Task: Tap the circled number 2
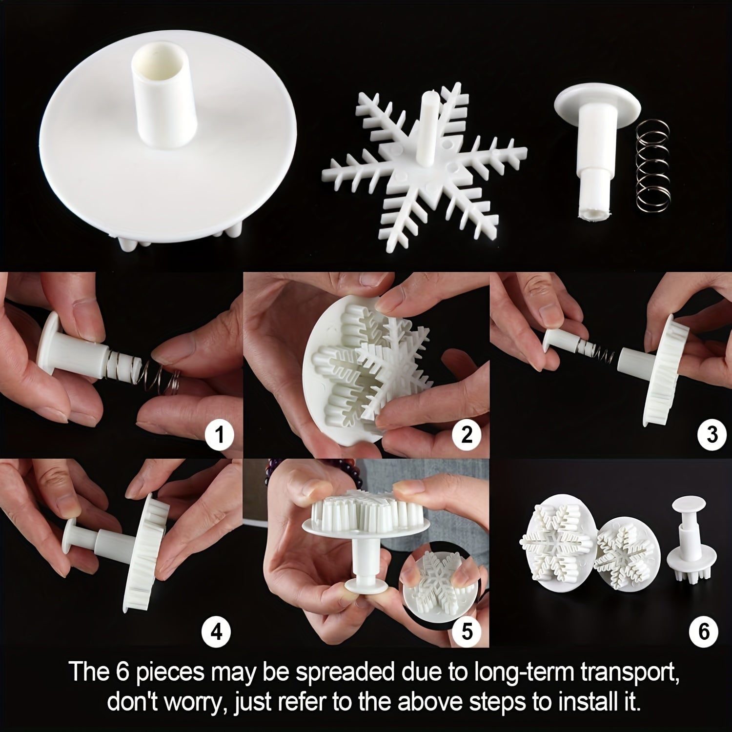(x=467, y=434)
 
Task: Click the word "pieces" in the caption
(x=170, y=672)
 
